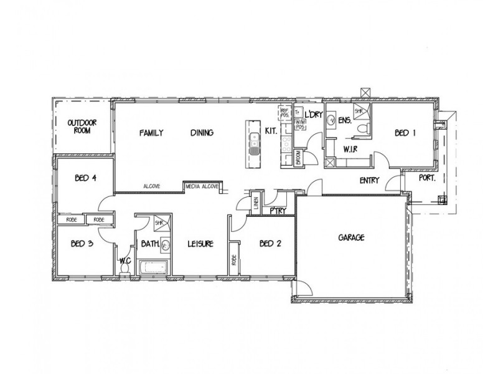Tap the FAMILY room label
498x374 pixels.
[151, 133]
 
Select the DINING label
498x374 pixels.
[202, 133]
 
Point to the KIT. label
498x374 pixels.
[271, 132]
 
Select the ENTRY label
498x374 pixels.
[370, 180]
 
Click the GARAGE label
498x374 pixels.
[351, 237]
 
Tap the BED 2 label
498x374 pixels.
[271, 244]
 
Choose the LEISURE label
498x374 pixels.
[201, 244]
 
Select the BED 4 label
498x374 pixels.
[85, 177]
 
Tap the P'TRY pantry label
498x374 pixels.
[278, 211]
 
